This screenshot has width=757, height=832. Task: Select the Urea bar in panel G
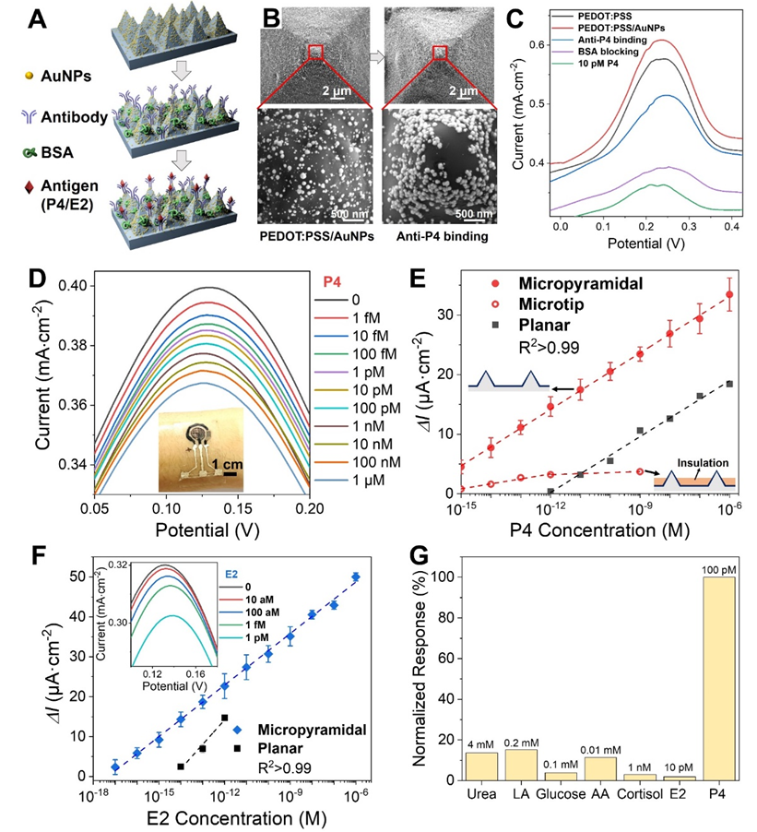480,766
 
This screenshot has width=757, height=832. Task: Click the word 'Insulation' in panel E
704,463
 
